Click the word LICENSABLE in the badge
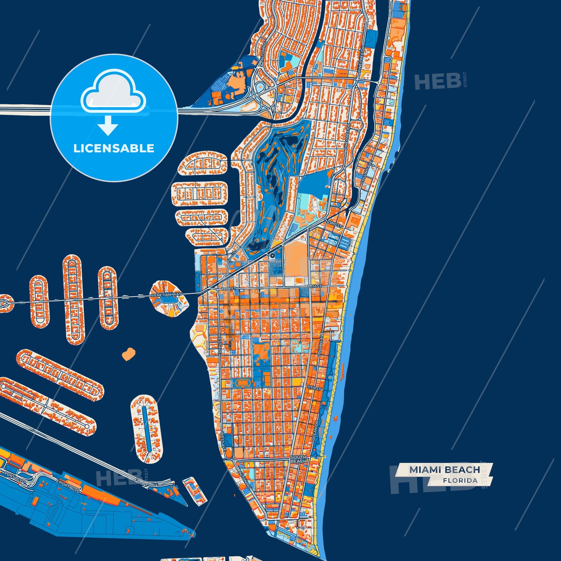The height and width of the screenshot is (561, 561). tap(114, 148)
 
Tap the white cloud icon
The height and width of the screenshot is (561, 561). tap(113, 91)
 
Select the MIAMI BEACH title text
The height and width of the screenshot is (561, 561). tap(445, 470)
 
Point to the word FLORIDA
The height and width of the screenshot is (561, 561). tap(460, 481)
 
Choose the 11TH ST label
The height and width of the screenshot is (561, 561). tap(314, 388)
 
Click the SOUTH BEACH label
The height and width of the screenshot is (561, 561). tap(298, 459)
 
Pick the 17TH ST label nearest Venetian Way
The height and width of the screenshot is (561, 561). tap(228, 289)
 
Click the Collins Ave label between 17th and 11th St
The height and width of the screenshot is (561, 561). tap(321, 345)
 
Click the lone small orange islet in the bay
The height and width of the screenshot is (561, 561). tap(128, 354)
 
